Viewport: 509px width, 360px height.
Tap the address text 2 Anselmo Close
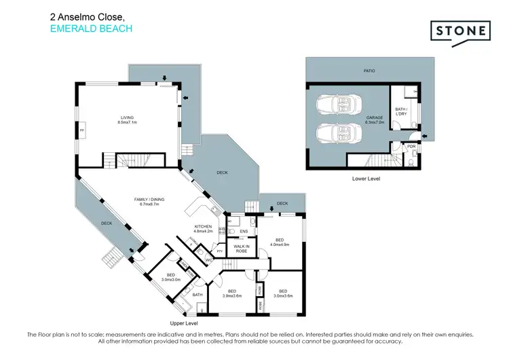tap(86, 15)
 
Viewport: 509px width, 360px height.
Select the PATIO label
tap(369, 70)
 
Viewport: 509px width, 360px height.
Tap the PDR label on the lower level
tap(411, 146)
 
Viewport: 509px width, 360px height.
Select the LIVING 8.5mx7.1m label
tap(128, 120)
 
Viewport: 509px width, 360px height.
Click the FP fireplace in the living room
tap(82, 129)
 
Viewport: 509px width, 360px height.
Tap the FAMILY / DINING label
tap(152, 201)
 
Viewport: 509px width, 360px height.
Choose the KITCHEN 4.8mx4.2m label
tap(204, 229)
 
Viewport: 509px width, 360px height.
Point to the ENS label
tap(244, 232)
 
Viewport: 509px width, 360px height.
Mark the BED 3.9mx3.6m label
tap(233, 293)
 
